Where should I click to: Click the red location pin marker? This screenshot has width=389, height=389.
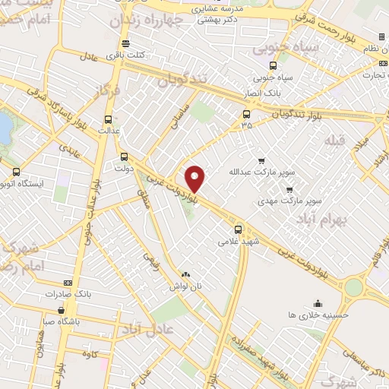(x=195, y=179)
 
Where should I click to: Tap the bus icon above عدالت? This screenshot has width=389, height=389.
(x=108, y=119)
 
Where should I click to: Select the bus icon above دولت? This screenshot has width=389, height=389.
(x=124, y=157)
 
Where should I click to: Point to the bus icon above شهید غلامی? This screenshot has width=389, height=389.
(x=239, y=229)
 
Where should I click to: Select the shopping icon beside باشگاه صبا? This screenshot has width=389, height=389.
(x=61, y=309)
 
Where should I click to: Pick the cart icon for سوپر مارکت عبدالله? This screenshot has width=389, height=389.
(x=262, y=160)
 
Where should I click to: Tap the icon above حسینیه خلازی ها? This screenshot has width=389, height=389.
(x=318, y=302)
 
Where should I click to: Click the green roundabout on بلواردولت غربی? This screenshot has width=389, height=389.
(x=353, y=288)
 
